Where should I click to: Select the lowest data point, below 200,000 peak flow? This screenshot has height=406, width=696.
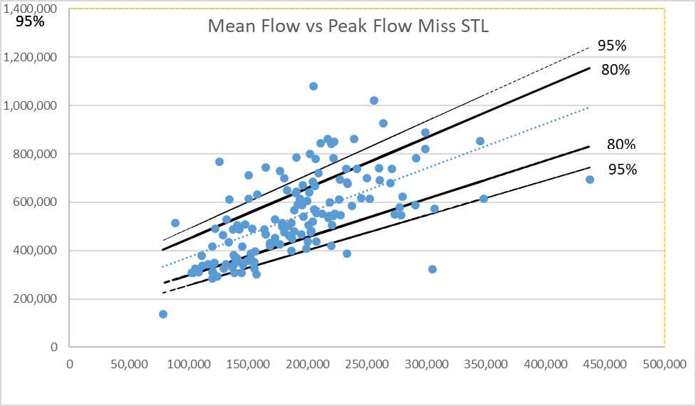pyautogui.click(x=163, y=314)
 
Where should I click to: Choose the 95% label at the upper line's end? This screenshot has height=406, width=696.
pyautogui.click(x=612, y=46)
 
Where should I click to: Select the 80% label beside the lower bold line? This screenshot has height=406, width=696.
pyautogui.click(x=620, y=145)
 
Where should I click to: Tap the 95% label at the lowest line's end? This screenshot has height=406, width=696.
pyautogui.click(x=622, y=170)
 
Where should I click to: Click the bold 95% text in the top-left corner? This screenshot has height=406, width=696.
pyautogui.click(x=30, y=21)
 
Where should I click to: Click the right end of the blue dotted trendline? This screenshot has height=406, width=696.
pyautogui.click(x=589, y=108)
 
